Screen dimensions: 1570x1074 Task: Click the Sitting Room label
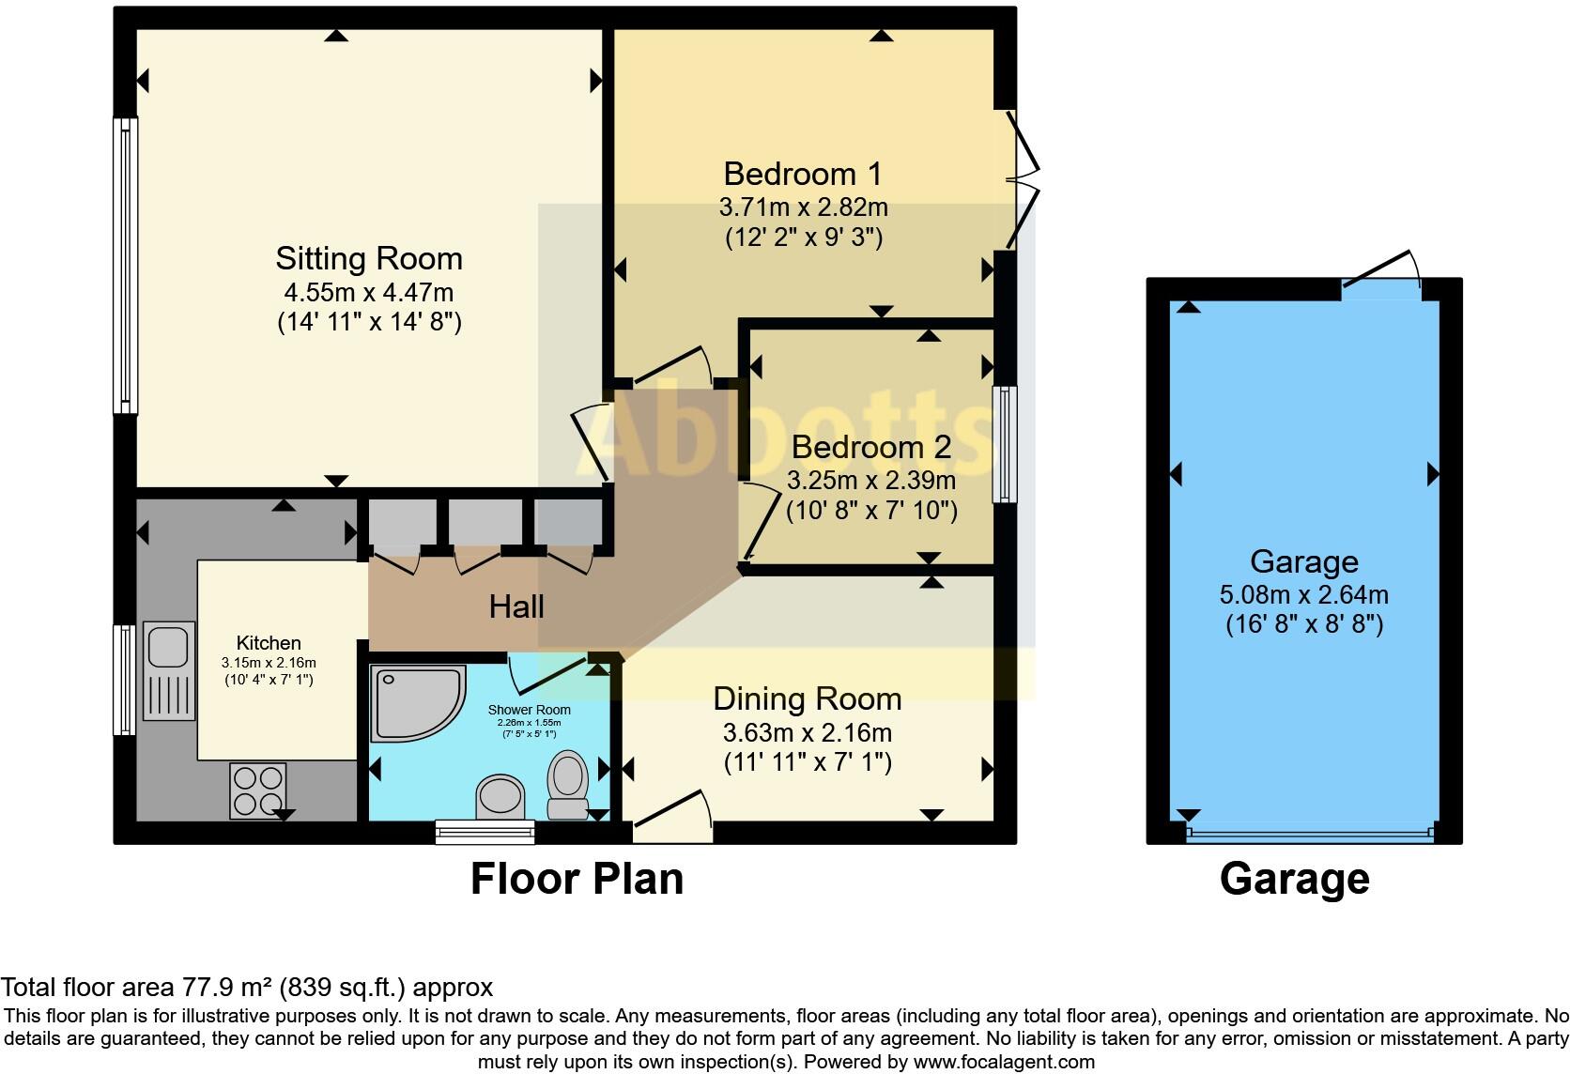(x=369, y=258)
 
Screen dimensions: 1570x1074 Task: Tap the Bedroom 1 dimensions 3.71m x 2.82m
(x=803, y=207)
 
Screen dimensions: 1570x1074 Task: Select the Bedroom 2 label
(x=871, y=447)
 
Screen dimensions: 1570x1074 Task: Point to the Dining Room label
(x=808, y=698)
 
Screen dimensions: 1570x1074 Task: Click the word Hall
(x=516, y=606)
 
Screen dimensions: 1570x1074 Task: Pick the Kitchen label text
(x=269, y=643)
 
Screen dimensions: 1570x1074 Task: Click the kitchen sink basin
(x=168, y=647)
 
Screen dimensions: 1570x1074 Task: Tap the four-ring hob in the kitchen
(x=258, y=790)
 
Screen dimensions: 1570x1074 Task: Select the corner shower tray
(x=418, y=703)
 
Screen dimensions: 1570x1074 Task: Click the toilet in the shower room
(x=568, y=785)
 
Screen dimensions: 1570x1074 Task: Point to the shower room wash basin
(x=500, y=796)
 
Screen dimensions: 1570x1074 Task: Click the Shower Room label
(x=530, y=710)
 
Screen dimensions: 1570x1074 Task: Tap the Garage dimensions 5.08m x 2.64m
(x=1303, y=595)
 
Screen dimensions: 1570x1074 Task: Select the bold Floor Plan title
(x=577, y=879)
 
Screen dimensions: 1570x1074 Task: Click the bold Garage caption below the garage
(x=1295, y=880)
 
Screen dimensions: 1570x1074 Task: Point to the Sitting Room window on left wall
(x=126, y=266)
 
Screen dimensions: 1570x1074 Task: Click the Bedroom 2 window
(x=1005, y=444)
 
